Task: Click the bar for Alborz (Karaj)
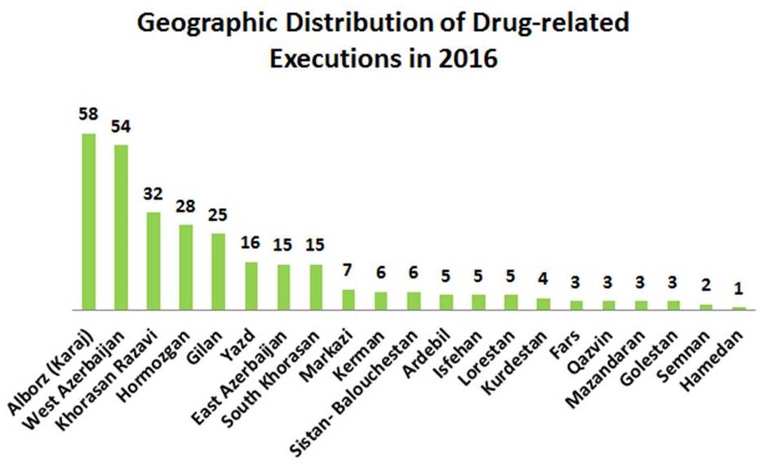click(x=89, y=222)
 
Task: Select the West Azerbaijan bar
click(x=121, y=228)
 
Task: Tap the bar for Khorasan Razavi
click(x=153, y=261)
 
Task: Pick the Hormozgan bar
click(x=186, y=268)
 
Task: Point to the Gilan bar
click(x=218, y=272)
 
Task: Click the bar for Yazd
click(x=251, y=287)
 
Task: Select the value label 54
click(x=121, y=127)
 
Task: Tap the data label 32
click(x=153, y=194)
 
